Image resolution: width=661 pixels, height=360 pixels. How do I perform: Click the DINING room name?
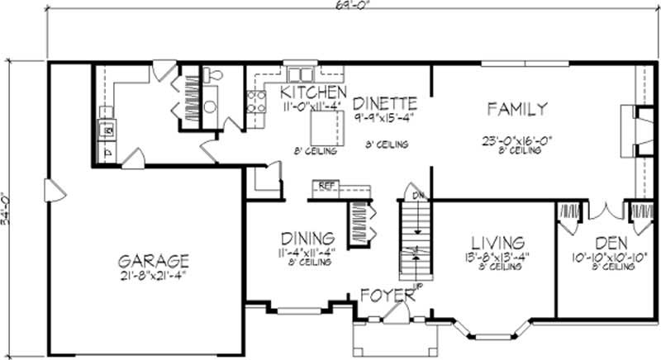306,236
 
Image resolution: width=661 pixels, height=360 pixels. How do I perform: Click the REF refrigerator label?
326,187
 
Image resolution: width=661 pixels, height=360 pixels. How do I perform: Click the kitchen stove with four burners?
256,102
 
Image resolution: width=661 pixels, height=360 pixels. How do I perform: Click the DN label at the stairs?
419,196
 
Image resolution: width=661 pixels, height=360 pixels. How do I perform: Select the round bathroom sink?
210,107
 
